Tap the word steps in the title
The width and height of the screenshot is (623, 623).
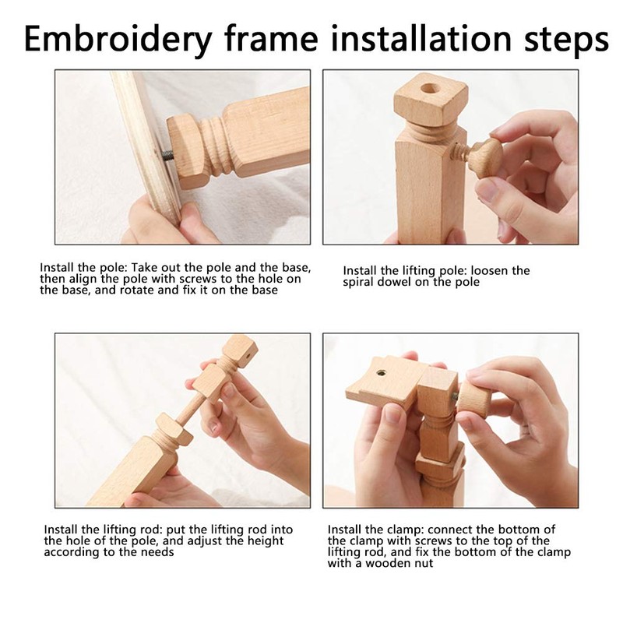click(x=567, y=40)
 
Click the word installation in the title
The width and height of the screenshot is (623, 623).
click(x=421, y=38)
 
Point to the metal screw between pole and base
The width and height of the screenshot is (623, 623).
click(x=167, y=154)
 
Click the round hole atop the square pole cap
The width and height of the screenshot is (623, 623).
click(x=430, y=88)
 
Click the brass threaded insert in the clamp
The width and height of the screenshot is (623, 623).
click(x=382, y=373)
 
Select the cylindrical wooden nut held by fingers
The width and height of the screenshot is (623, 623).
click(x=473, y=399)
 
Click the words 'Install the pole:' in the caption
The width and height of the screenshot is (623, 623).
click(x=83, y=267)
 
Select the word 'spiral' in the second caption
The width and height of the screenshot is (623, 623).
click(x=357, y=283)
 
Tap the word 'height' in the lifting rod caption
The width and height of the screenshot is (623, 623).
click(x=266, y=541)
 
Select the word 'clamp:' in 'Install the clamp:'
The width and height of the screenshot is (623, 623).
click(x=405, y=530)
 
